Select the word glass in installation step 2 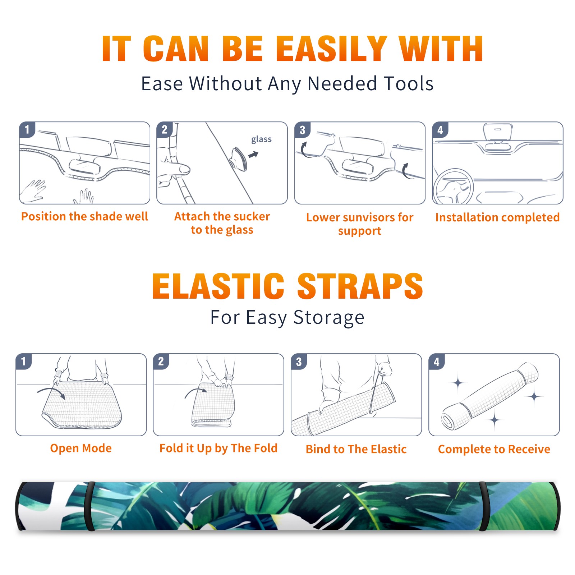261,139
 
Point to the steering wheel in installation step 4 454,187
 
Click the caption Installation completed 497,217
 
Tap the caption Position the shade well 84,216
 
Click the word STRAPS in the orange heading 360,286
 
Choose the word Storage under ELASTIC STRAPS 329,318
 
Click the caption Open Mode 81,448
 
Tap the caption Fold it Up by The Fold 218,448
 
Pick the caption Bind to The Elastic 356,449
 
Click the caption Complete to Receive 494,449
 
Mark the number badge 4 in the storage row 437,362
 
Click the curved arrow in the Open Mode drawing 51,391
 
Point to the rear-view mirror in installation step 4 497,132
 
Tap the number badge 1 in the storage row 24,362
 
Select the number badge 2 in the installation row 165,130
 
